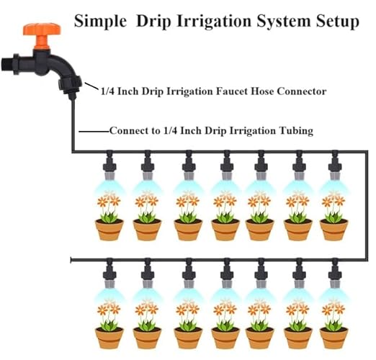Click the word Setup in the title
coord(334,22)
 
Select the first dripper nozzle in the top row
coord(109,164)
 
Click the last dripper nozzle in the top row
coord(334,164)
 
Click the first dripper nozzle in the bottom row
coord(109,273)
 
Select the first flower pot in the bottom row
coord(109,337)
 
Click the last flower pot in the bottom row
coord(334,337)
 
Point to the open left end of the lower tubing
coord(71,260)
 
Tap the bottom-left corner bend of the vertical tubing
coord(73,150)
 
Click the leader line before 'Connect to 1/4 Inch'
coord(94,132)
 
